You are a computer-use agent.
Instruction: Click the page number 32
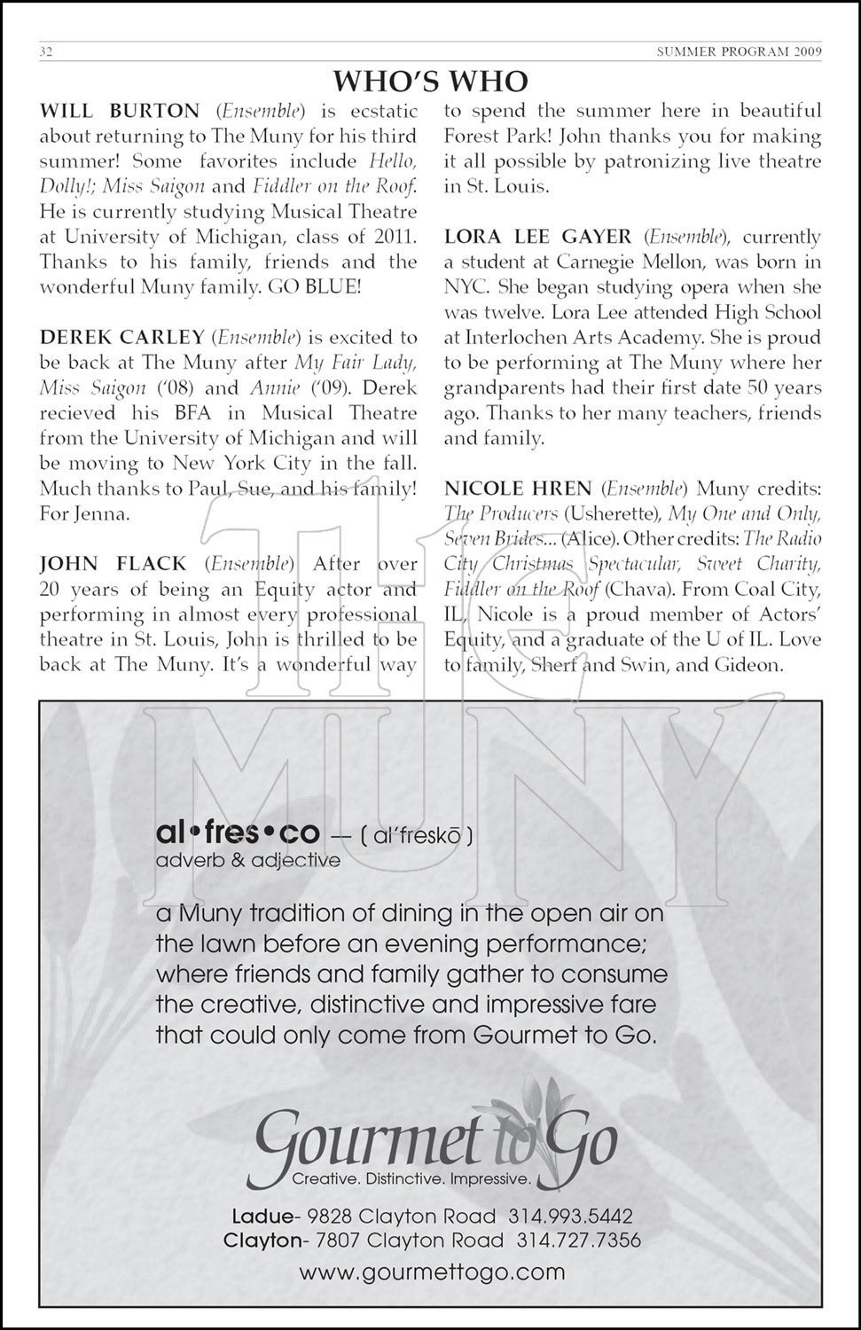47,51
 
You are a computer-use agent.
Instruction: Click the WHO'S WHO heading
430,82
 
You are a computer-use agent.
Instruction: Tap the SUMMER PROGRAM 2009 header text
739,51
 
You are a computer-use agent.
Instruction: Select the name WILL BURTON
120,112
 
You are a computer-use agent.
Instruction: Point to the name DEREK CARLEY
122,338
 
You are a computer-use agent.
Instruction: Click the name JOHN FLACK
113,564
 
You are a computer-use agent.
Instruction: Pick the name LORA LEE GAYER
538,238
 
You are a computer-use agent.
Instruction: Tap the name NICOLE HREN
518,489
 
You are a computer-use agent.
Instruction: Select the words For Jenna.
85,513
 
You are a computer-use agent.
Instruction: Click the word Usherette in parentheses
612,514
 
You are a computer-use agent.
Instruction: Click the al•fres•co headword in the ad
237,833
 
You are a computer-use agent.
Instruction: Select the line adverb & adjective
248,860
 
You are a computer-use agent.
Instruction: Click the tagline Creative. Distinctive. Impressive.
411,1179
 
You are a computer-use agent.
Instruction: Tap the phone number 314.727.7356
578,1240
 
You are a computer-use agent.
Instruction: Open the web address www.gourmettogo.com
432,1272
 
